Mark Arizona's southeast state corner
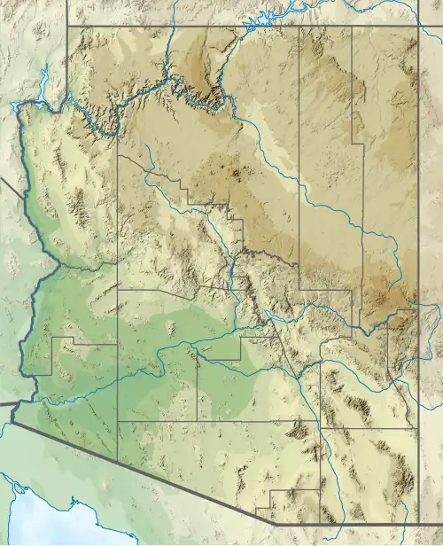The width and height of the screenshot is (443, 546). coord(418,519)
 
